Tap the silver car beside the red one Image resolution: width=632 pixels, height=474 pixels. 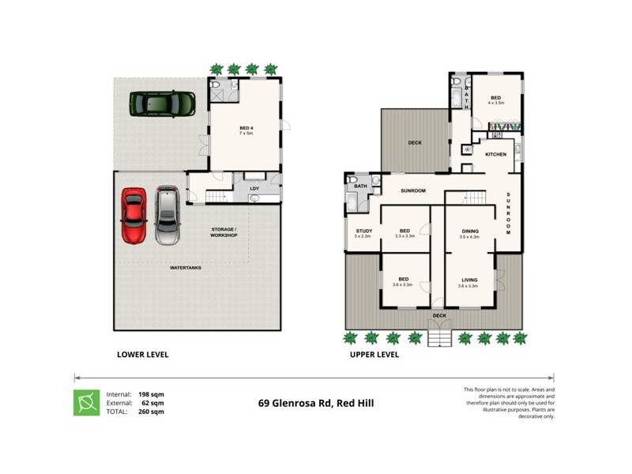coord(167,215)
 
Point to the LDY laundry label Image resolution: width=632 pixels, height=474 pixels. coord(254,189)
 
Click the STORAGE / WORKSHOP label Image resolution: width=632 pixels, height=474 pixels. coord(224,232)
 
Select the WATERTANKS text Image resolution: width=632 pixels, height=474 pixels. coord(186,268)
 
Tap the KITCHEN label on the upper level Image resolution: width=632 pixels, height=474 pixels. coord(495,154)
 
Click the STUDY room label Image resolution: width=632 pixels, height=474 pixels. coord(363,231)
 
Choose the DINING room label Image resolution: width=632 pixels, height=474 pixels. coord(469,231)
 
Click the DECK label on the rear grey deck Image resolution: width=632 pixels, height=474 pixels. coord(415,143)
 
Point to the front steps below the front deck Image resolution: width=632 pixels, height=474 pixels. coord(439,338)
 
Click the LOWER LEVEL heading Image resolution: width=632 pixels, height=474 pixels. coord(143,355)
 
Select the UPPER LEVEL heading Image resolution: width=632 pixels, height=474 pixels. coord(374,355)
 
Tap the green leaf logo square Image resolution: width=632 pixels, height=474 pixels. coord(87,402)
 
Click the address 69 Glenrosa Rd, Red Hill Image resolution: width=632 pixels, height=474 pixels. coord(316,403)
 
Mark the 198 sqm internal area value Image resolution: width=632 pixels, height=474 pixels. coord(151,393)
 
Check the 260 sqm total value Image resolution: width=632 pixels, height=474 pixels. coord(151,412)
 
